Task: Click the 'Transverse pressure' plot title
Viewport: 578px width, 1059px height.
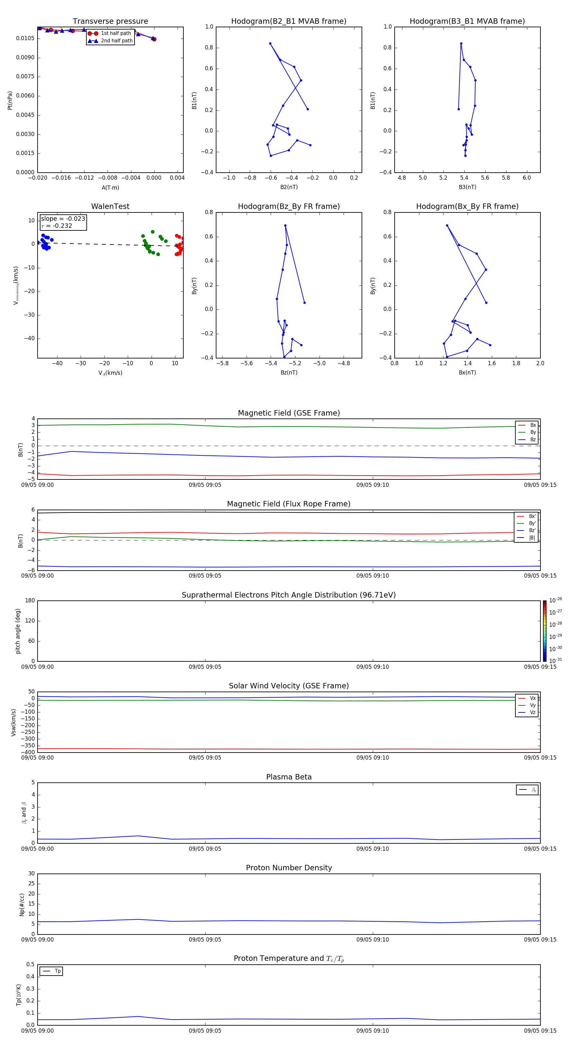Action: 110,22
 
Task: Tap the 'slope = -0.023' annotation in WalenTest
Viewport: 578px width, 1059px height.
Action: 63,219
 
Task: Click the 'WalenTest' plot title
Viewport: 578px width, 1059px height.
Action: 110,206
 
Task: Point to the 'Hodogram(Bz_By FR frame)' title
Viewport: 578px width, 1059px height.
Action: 289,206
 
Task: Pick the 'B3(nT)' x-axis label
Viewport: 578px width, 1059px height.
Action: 467,187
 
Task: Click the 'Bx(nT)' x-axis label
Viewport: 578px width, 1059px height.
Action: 467,373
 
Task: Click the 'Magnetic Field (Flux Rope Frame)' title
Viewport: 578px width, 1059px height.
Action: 289,504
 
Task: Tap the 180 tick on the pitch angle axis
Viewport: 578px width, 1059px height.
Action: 30,601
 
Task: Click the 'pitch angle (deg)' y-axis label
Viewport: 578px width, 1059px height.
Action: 18,631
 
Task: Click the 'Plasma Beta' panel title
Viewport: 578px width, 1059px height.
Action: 289,777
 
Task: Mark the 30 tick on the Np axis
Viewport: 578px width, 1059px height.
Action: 31,874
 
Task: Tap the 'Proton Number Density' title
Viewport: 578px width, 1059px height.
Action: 289,868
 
